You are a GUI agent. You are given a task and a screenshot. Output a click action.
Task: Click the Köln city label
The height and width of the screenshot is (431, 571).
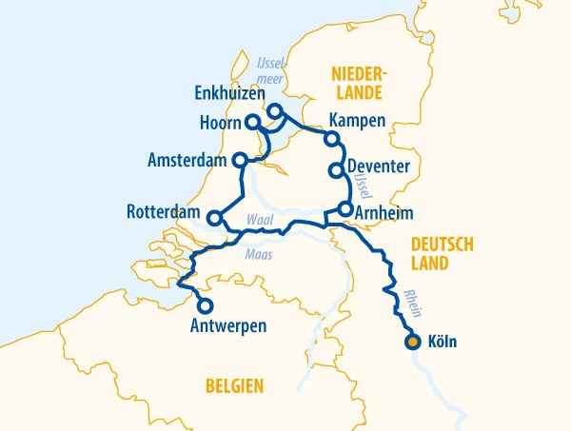pos(443,342)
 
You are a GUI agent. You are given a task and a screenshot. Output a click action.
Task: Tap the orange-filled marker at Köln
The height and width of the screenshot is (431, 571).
pos(412,342)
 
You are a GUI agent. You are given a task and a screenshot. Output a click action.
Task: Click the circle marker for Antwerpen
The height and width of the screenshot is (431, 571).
pos(205,305)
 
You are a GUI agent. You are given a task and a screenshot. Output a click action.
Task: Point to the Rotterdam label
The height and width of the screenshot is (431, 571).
pos(165,211)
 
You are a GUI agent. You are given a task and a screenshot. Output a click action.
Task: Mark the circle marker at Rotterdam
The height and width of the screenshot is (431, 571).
pos(215,218)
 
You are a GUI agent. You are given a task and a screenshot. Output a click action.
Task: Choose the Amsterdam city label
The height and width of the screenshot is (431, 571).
pos(187,161)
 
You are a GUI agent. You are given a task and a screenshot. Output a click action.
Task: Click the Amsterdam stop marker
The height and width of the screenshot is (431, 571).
pos(240,160)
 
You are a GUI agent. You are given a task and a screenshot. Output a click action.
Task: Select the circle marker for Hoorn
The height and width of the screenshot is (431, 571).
pos(252,123)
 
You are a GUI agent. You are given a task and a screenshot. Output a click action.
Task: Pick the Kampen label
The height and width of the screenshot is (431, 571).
pos(357,120)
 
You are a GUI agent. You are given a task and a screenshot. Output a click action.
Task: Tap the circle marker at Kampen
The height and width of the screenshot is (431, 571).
pos(331,139)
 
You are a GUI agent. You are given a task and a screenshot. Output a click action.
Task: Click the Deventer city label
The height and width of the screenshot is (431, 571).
pos(378,167)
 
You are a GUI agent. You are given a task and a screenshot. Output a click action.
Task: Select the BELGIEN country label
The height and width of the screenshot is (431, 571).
pos(233,385)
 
